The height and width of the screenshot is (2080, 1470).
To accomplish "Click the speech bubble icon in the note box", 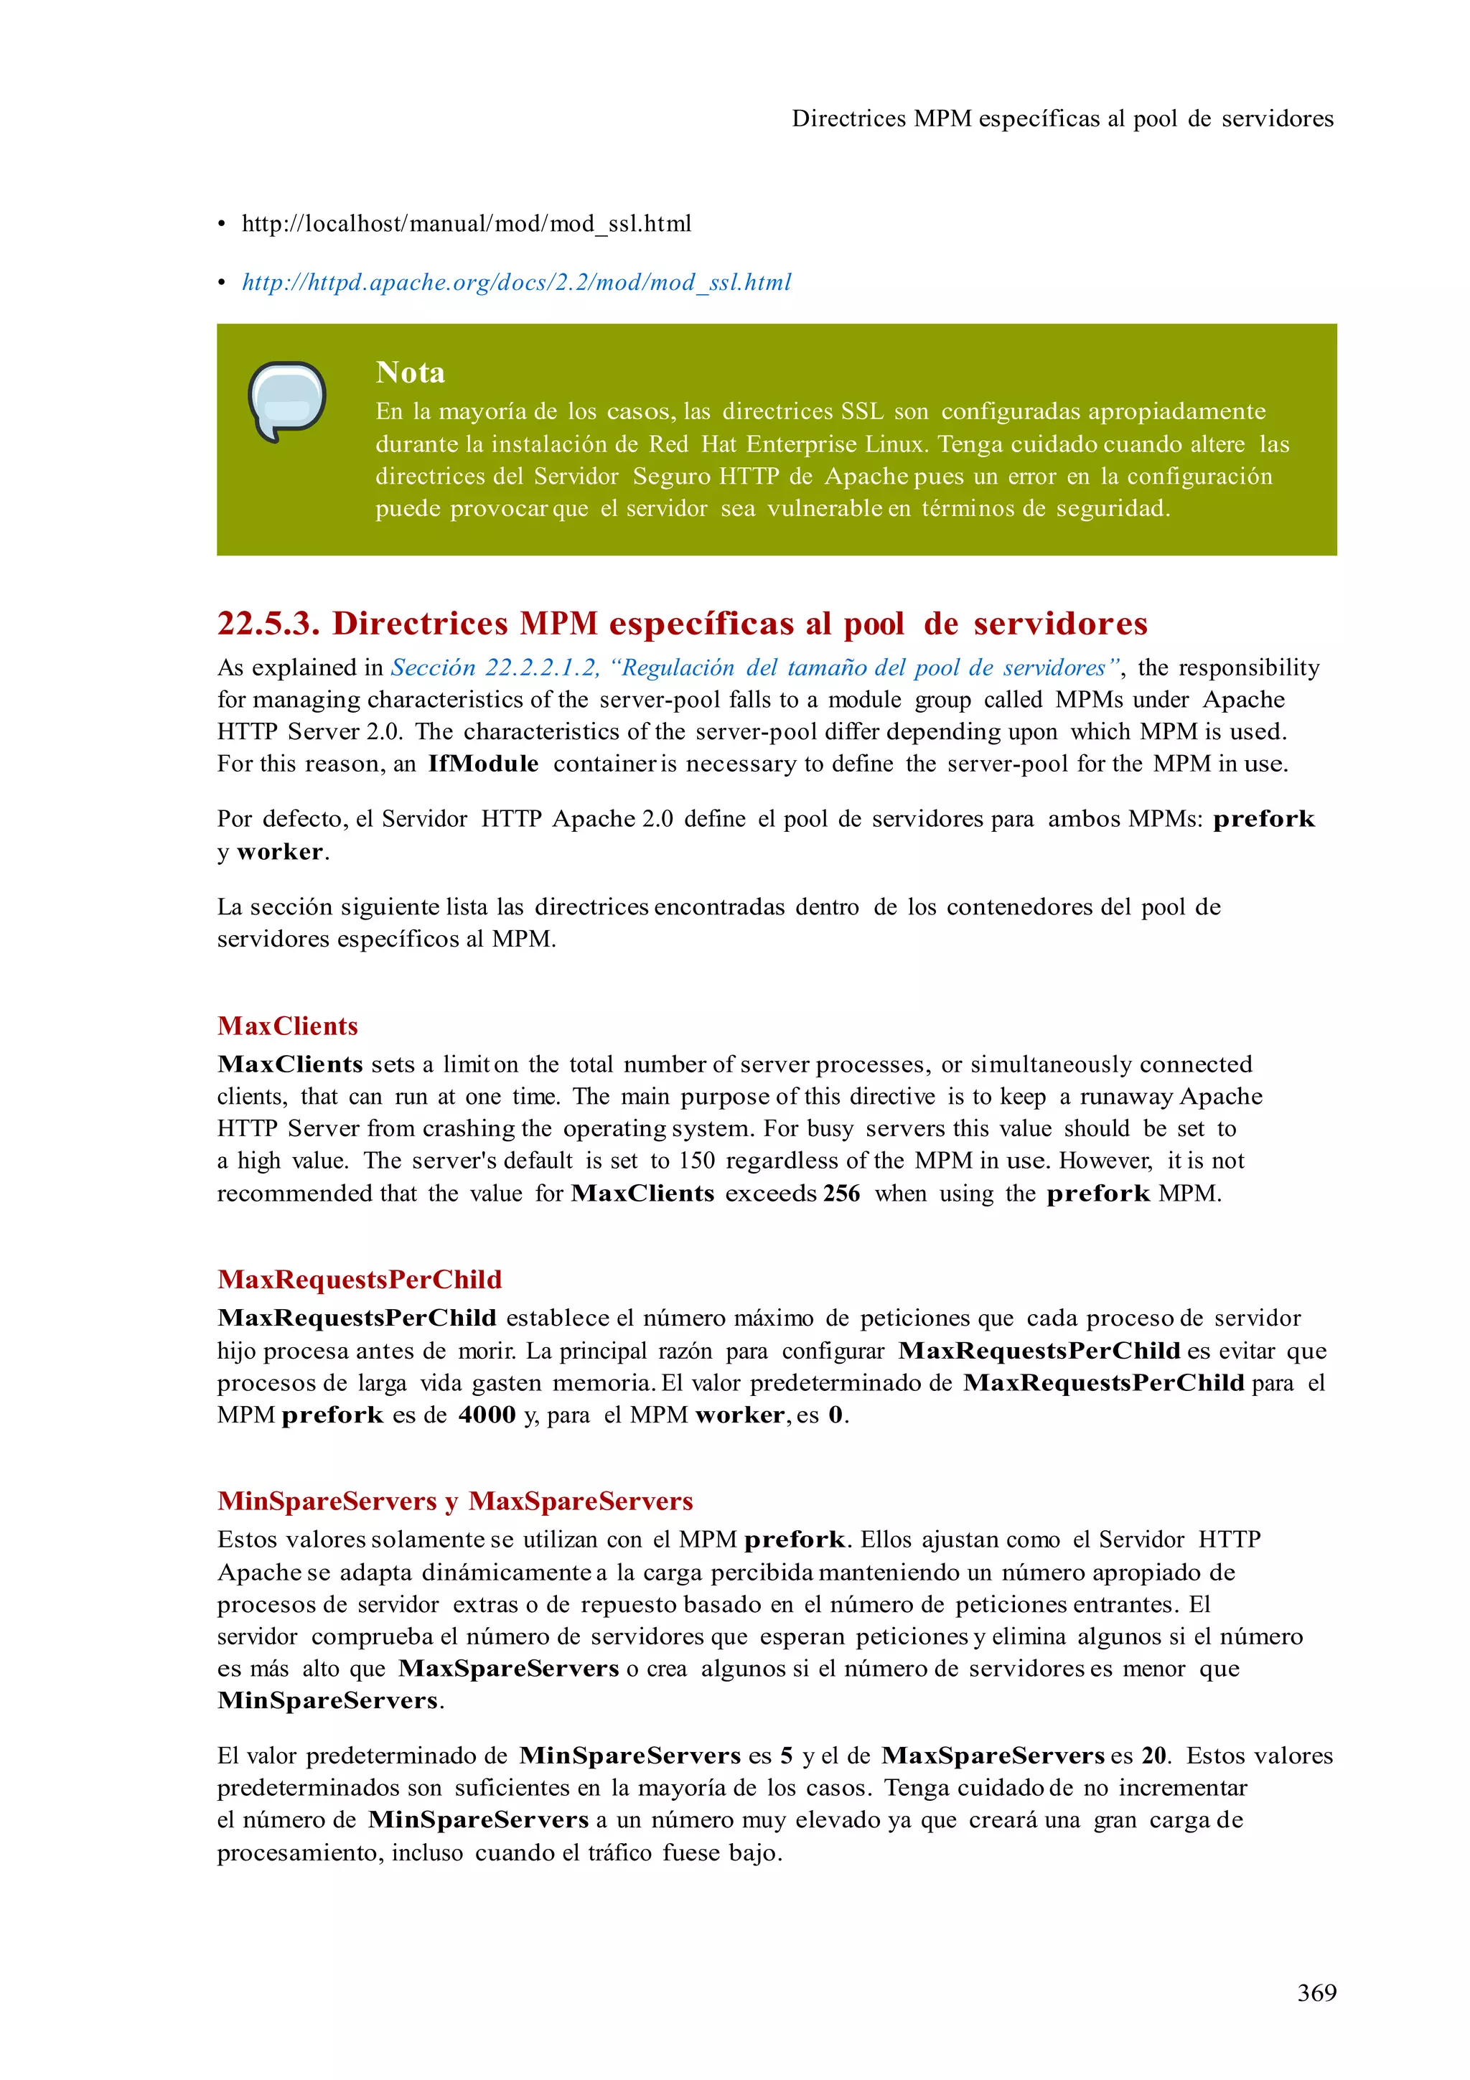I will tap(286, 400).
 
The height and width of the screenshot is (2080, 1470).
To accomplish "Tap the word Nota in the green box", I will tap(411, 373).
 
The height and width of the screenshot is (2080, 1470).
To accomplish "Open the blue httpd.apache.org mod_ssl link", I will tap(516, 283).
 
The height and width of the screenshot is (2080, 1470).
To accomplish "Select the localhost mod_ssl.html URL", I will tap(467, 224).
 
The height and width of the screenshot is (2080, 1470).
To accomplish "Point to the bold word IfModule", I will tap(483, 764).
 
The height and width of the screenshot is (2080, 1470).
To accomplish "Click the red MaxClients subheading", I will tap(287, 1026).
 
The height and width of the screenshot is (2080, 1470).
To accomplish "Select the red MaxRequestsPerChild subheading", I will tap(359, 1279).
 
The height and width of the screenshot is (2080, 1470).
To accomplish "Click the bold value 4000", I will tap(487, 1415).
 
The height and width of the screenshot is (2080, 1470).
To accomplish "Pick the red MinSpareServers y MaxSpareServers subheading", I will tap(454, 1501).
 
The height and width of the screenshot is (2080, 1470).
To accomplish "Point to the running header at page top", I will tap(1062, 118).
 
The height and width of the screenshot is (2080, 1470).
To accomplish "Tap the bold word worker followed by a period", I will tap(280, 851).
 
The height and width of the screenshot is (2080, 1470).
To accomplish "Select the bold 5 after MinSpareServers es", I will tap(786, 1756).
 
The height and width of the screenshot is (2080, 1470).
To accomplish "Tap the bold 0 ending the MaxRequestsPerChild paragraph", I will tap(835, 1415).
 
